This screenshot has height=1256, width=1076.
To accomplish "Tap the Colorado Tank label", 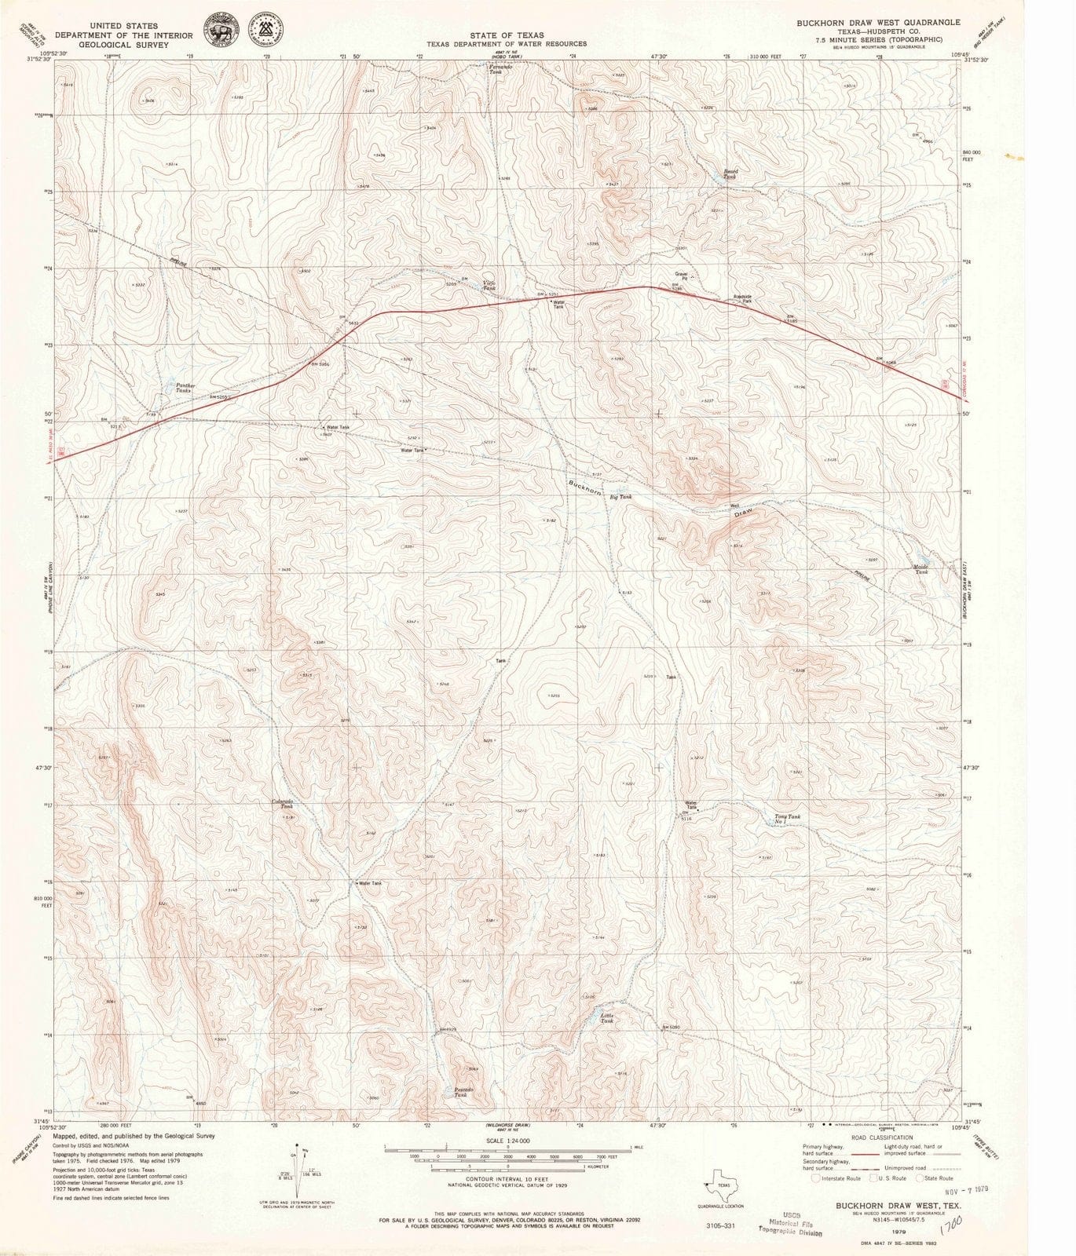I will click(x=283, y=803).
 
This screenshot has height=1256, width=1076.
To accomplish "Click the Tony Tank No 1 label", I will click(x=788, y=819).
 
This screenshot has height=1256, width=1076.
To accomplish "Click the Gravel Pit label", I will click(x=681, y=276).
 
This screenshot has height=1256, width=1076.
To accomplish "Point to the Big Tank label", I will click(x=620, y=497).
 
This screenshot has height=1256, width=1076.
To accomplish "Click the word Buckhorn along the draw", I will click(x=585, y=487).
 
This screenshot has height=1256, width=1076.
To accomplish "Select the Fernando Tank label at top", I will click(x=501, y=68).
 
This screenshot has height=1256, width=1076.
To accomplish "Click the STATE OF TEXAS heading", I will click(x=506, y=35).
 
